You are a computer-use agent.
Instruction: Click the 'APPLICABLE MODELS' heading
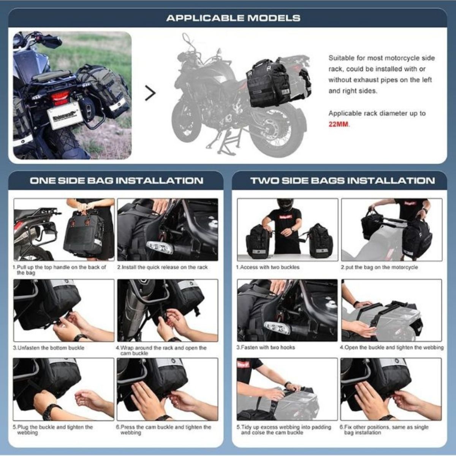[233, 18]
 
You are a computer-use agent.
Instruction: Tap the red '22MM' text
[339, 124]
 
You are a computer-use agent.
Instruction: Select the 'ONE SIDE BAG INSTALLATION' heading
[116, 180]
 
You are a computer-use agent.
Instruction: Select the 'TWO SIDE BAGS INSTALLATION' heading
[342, 180]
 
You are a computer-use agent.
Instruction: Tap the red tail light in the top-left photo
[60, 98]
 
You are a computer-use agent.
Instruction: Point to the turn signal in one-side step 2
[160, 247]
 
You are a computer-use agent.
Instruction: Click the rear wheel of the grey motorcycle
[277, 131]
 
